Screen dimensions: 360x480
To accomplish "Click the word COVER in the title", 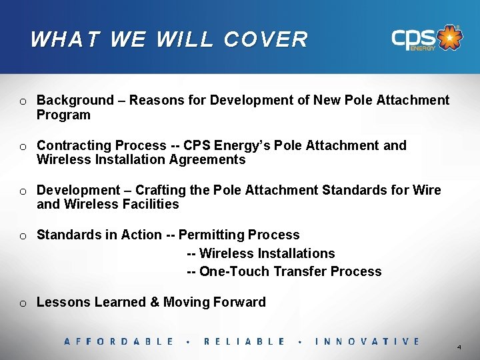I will point(266,39).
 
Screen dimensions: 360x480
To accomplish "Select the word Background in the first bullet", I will point(75,101).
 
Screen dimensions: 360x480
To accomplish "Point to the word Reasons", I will point(155,101).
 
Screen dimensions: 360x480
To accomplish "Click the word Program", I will point(63,115).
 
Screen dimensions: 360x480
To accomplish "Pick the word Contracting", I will point(73,145).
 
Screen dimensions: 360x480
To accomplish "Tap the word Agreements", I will point(207,160).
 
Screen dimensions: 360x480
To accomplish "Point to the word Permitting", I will point(213,235).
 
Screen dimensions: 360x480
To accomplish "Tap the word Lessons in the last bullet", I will point(63,303).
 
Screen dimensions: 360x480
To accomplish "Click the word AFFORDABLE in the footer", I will point(119,341).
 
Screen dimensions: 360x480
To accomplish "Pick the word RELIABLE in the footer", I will point(244,341).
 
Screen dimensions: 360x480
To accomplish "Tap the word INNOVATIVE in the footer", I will point(367,341).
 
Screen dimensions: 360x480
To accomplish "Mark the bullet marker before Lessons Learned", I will point(23,303).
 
